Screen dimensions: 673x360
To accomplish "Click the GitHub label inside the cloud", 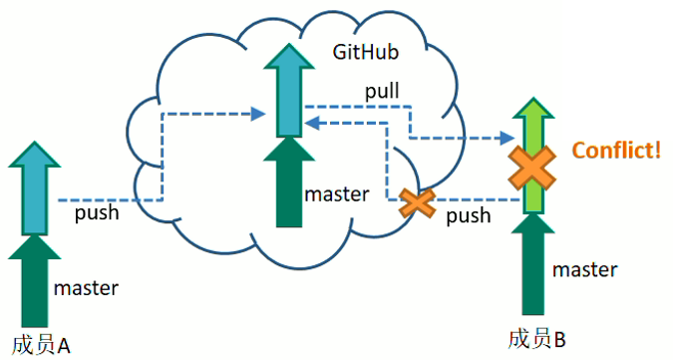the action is click(x=366, y=52).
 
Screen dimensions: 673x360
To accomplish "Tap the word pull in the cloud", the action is click(x=382, y=91).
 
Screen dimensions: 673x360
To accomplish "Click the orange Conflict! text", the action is click(x=617, y=151).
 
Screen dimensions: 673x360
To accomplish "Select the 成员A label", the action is click(x=41, y=345).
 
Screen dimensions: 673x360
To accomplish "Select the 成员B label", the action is click(x=537, y=339).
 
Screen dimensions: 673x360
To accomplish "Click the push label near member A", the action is click(x=97, y=213).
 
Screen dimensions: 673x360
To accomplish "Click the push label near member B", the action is click(x=469, y=215).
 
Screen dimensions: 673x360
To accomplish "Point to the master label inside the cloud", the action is click(x=337, y=194).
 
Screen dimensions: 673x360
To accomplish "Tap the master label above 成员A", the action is click(x=86, y=288).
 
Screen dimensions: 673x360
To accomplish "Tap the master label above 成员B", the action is click(x=585, y=270).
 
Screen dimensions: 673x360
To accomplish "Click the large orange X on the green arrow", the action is click(x=532, y=168).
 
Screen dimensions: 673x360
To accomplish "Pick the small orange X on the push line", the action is click(x=417, y=202).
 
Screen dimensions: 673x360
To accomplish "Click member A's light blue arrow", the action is click(x=34, y=187).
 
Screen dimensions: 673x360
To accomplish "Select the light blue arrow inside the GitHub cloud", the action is click(x=289, y=90).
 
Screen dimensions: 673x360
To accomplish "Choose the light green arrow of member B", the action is click(x=533, y=155).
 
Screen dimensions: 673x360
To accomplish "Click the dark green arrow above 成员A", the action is click(x=34, y=281).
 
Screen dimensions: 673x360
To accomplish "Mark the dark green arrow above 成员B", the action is click(x=533, y=264).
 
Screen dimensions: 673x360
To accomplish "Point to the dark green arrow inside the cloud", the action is click(x=289, y=181).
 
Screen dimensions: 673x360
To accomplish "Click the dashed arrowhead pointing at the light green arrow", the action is click(x=507, y=138).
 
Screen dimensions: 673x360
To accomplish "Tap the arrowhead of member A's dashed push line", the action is click(x=258, y=114).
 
